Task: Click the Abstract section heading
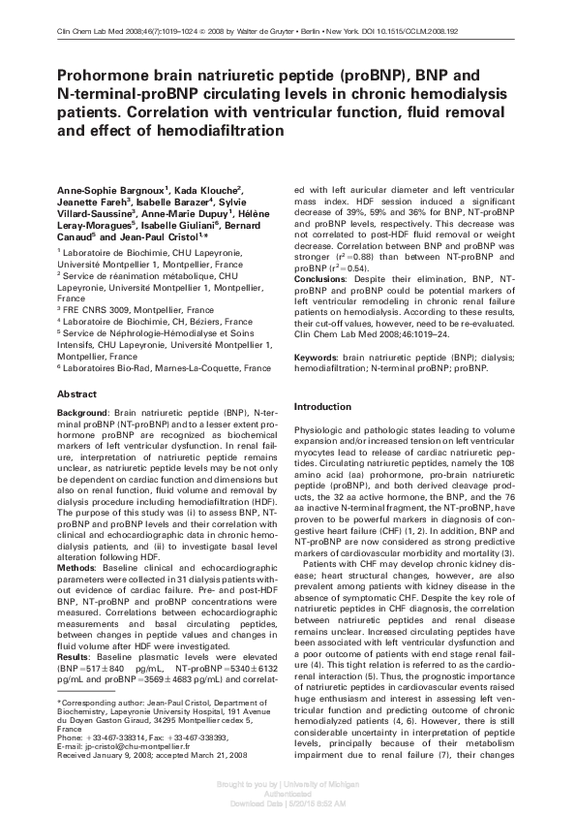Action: (77, 394)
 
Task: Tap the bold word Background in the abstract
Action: (82, 413)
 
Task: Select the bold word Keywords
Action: (320, 359)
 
